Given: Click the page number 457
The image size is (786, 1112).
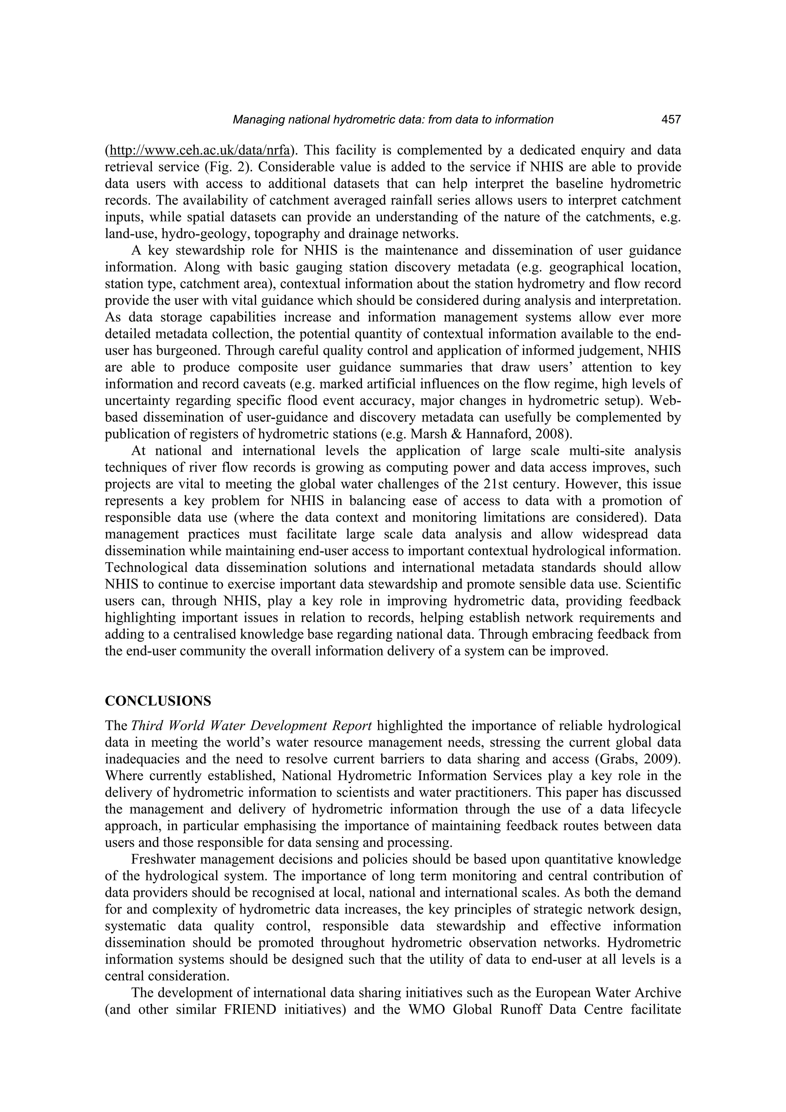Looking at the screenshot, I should click(671, 120).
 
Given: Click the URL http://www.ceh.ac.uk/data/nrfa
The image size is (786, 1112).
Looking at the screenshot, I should click(200, 150).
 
